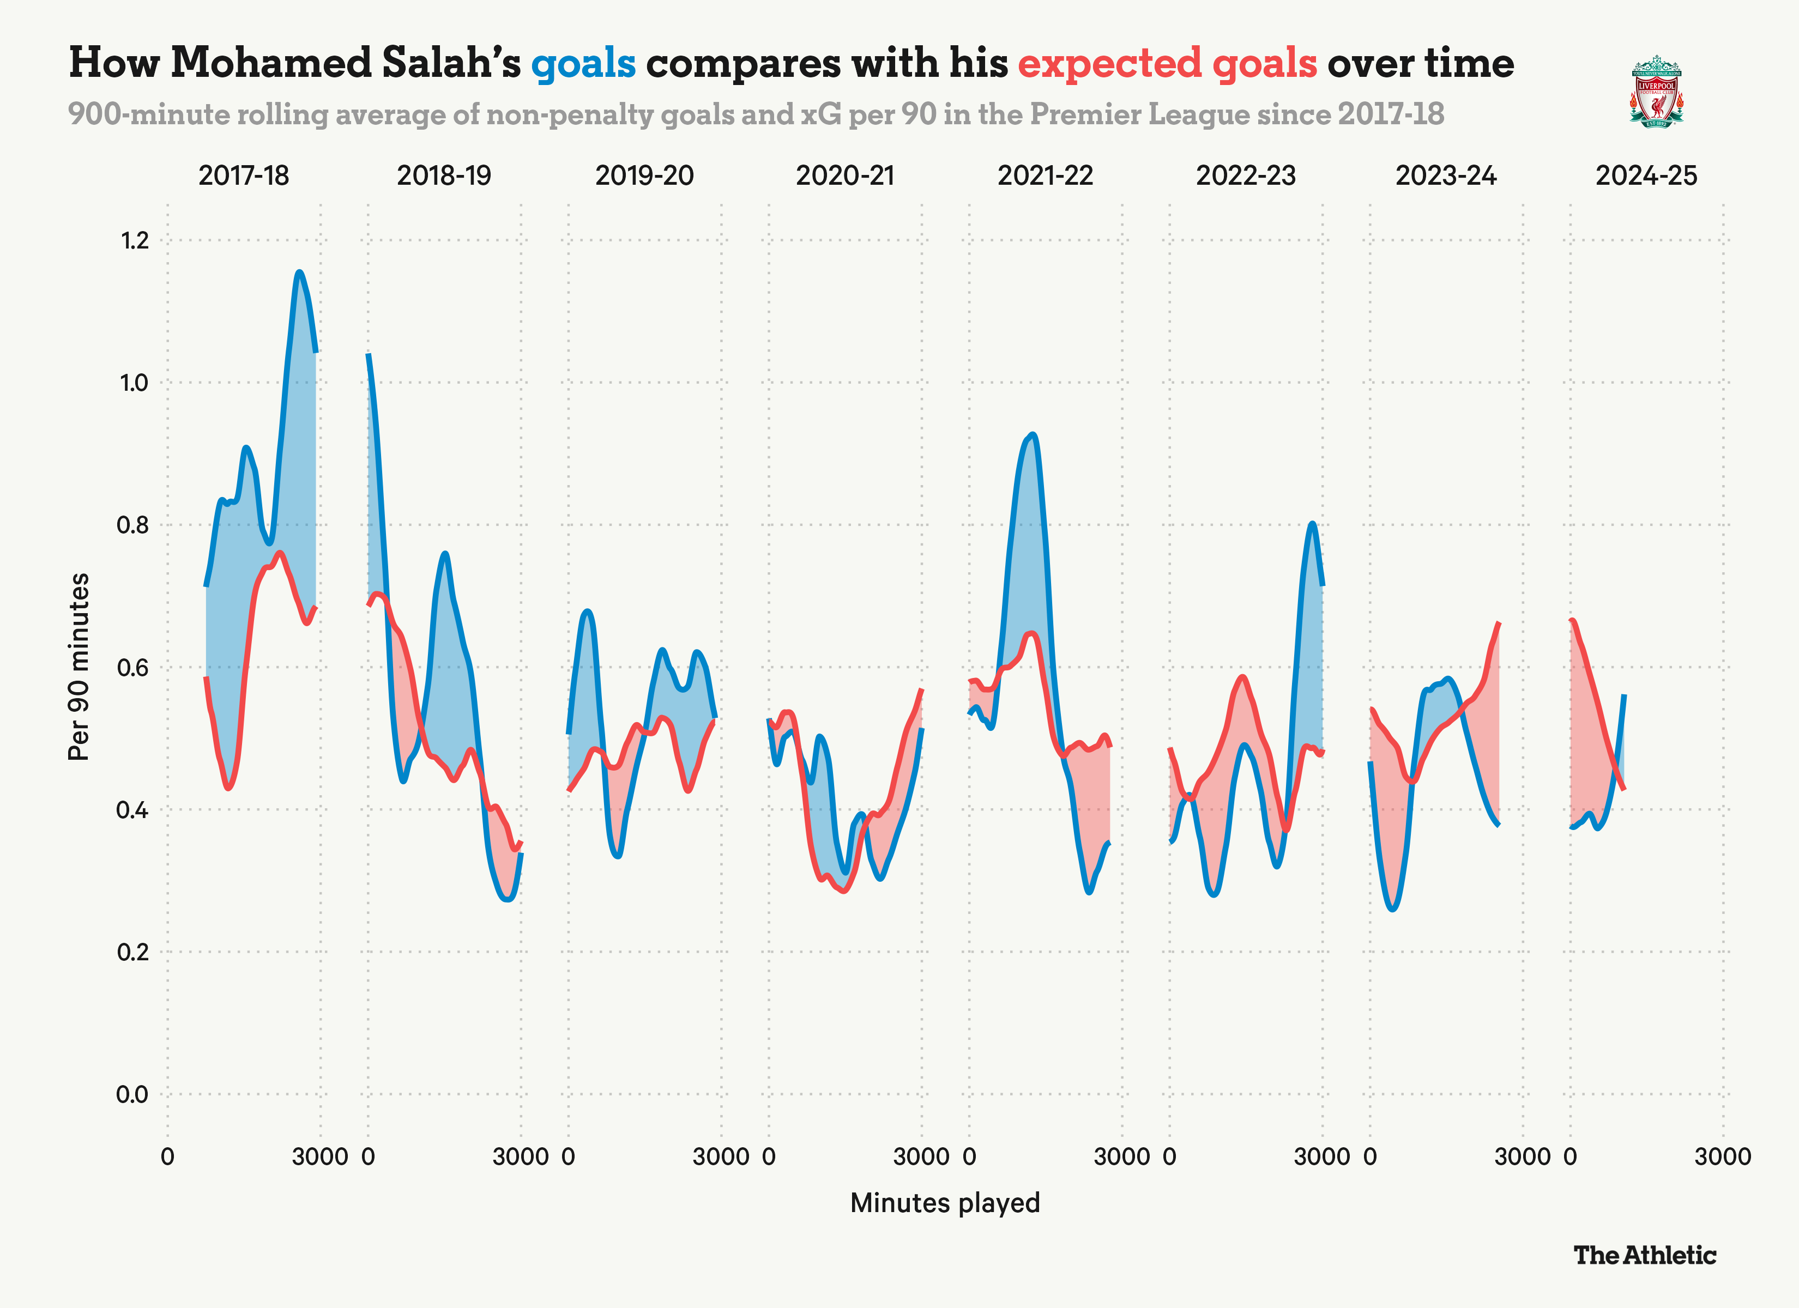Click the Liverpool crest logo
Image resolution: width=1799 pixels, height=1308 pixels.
click(x=1656, y=91)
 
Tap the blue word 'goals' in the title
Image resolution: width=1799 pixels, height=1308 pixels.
click(x=583, y=63)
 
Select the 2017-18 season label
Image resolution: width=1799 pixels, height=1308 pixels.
click(x=244, y=175)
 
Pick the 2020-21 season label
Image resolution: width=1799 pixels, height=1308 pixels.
click(x=845, y=175)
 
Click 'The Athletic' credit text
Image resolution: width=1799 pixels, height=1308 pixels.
click(x=1644, y=1256)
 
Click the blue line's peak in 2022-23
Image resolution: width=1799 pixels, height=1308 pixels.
click(x=1313, y=524)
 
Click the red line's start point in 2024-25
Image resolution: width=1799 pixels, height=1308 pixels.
click(x=1572, y=620)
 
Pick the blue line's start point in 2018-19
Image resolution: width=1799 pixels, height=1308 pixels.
click(x=368, y=355)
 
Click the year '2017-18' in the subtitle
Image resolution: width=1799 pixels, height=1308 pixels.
click(x=1391, y=115)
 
